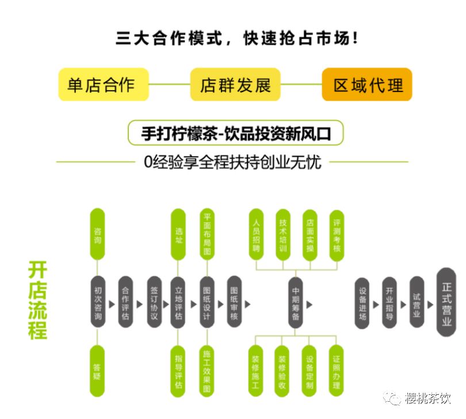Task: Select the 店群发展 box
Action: [235, 84]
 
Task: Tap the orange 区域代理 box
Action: [367, 84]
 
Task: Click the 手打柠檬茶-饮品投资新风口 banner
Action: [235, 133]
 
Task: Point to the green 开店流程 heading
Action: [38, 300]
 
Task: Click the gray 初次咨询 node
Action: [98, 302]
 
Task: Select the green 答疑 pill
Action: [98, 371]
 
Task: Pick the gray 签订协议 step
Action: [153, 302]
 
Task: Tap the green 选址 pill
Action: [179, 234]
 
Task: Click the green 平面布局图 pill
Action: [207, 234]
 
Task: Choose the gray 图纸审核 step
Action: [234, 302]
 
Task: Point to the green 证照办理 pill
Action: [337, 371]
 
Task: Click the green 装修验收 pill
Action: [282, 371]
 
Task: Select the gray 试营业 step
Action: [417, 302]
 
